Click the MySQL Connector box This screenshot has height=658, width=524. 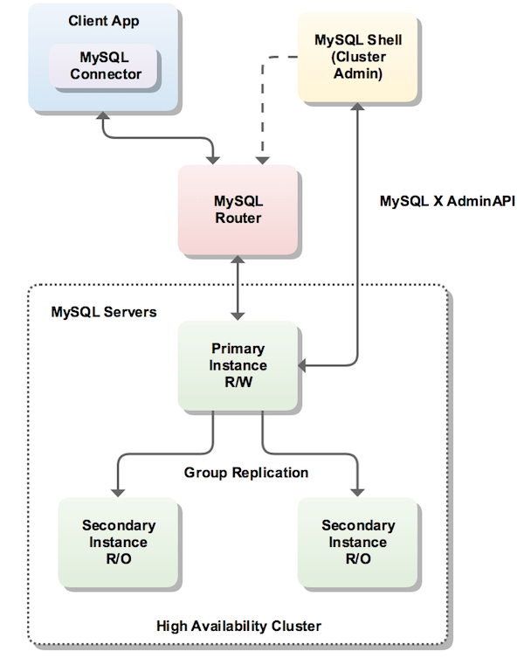(x=106, y=66)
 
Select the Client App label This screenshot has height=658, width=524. (x=105, y=19)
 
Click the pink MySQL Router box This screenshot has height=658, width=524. (x=238, y=210)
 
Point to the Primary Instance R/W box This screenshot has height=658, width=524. (x=238, y=365)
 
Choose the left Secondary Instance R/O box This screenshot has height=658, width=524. (x=119, y=542)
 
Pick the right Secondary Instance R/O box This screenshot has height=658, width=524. (x=358, y=542)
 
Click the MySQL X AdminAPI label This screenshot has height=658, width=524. (x=447, y=201)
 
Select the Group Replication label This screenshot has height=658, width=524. (x=246, y=473)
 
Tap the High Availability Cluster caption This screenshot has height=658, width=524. (x=238, y=626)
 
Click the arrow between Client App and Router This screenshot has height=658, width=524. (x=157, y=137)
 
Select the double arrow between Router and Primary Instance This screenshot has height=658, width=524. (x=238, y=288)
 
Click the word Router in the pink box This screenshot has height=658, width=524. (x=238, y=218)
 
